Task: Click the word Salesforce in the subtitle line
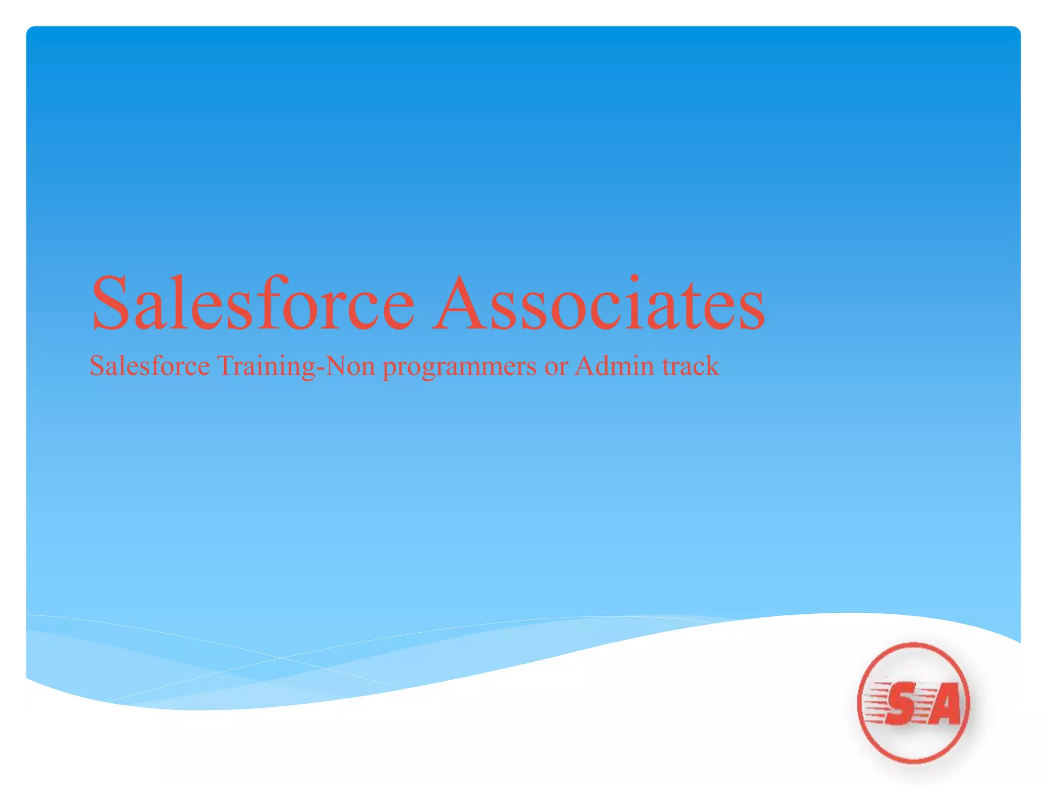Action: (x=150, y=366)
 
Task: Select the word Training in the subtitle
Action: (x=267, y=367)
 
